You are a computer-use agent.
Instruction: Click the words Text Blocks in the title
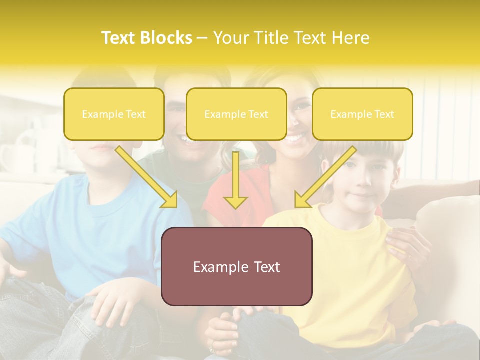(x=146, y=38)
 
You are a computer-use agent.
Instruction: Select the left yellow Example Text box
(x=114, y=114)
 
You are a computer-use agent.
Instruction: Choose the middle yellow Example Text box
(x=236, y=114)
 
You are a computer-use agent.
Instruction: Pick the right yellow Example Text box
(x=362, y=114)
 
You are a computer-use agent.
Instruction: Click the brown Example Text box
(x=236, y=267)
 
